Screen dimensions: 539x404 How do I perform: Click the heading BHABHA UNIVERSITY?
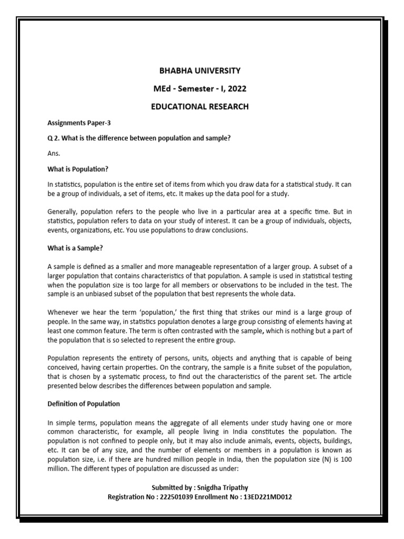pos(200,70)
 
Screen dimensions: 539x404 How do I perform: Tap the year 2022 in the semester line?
pos(235,88)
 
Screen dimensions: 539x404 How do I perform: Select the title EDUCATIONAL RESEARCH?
pos(200,107)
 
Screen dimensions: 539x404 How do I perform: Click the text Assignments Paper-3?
pos(79,123)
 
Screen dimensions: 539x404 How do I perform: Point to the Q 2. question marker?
pos(54,138)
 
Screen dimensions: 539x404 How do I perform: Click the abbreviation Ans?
pos(54,154)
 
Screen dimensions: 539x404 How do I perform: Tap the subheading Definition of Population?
pos(84,404)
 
